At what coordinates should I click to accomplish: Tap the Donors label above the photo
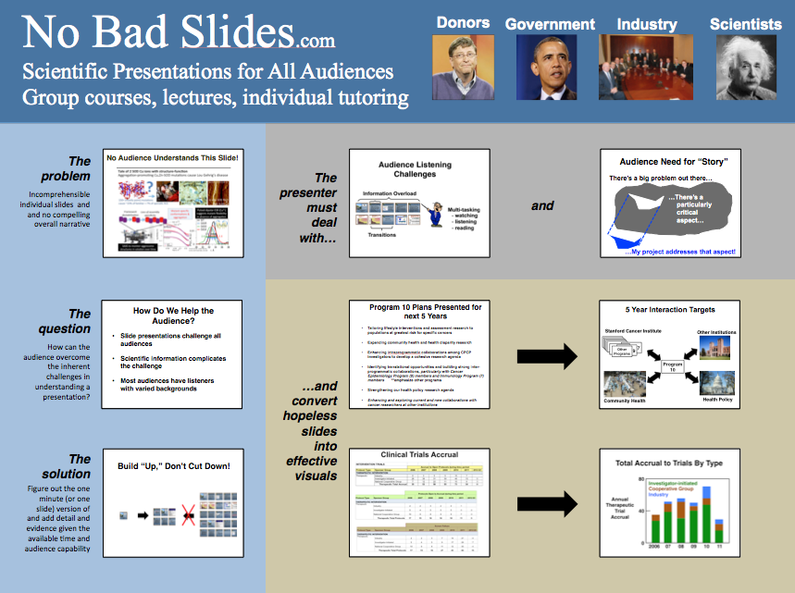(463, 23)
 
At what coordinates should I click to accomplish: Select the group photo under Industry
(647, 68)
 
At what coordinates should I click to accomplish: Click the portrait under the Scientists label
(745, 68)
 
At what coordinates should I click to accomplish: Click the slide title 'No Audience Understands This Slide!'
(179, 158)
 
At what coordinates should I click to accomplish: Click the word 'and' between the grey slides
(542, 205)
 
